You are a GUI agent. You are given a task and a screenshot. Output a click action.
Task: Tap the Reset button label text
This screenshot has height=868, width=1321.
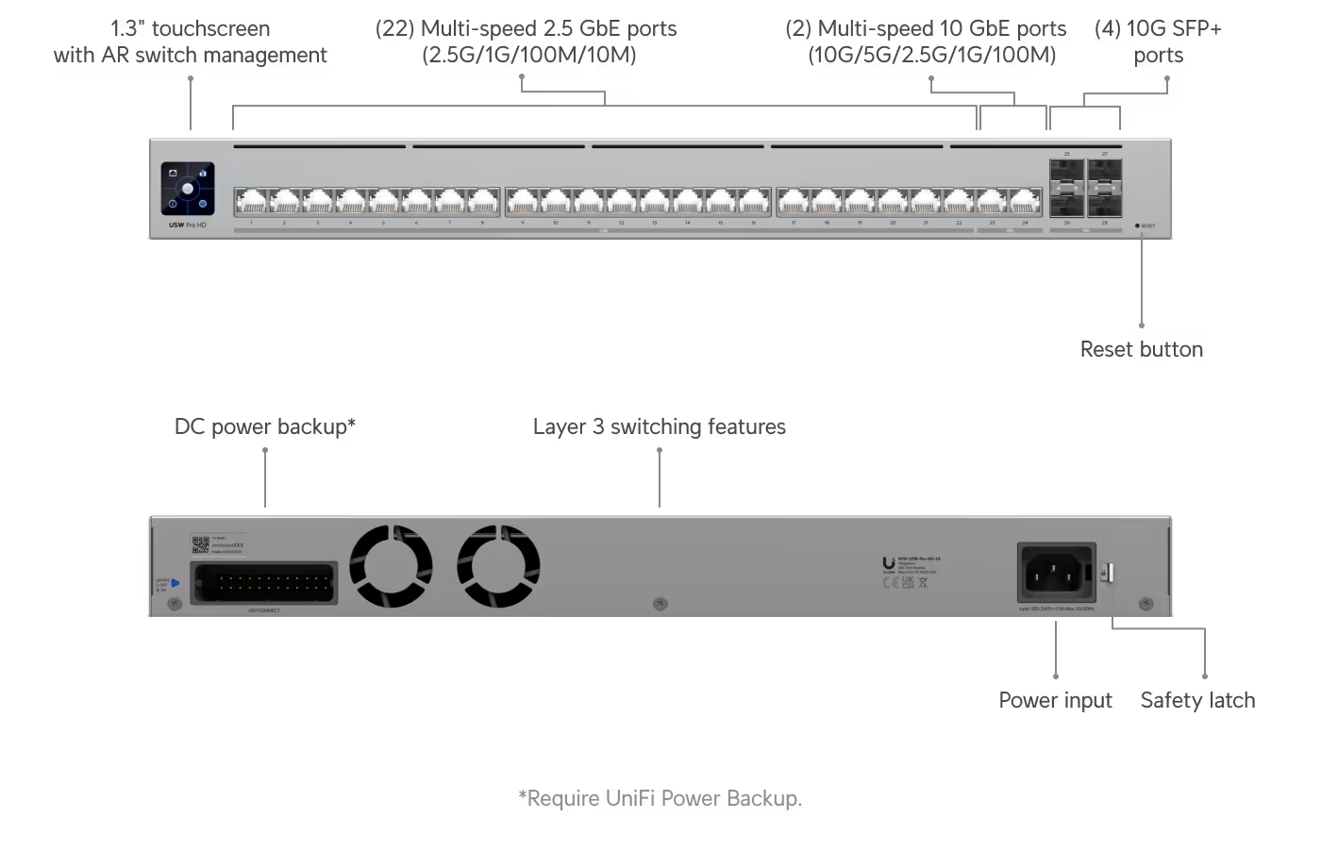[x=1141, y=349]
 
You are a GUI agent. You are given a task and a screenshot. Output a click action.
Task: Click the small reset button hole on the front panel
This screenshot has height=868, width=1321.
[x=1137, y=226]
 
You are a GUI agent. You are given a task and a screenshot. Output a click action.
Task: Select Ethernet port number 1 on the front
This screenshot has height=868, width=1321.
[x=251, y=202]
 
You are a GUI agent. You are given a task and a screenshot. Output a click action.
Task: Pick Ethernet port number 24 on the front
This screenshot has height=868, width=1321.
[x=1025, y=202]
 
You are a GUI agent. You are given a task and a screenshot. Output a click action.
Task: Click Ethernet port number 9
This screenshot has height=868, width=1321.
[x=523, y=202]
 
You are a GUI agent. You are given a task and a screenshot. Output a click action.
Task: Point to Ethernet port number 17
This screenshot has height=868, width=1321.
[x=794, y=202]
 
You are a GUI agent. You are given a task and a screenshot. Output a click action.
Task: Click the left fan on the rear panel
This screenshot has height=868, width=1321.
[x=391, y=567]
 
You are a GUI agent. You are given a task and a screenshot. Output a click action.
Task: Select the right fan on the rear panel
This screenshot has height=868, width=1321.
[x=498, y=567]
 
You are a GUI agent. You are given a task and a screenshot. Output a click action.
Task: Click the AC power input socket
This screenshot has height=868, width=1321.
[x=1056, y=571]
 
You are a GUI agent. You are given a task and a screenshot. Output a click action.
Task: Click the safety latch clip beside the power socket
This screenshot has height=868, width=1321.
[x=1110, y=572]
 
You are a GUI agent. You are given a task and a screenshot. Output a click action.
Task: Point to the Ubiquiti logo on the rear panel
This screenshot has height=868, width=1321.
[x=888, y=564]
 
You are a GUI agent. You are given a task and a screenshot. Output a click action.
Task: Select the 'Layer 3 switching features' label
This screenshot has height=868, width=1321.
[x=659, y=426]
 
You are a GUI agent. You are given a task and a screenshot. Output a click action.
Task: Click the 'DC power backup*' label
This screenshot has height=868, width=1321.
[x=264, y=426]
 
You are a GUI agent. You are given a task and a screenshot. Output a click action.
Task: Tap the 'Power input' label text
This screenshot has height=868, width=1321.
[x=1055, y=700]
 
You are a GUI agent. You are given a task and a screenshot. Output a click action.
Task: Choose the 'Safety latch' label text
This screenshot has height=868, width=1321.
[x=1197, y=700]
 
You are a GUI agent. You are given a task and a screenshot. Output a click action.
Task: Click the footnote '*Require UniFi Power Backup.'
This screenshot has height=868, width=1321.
[x=660, y=798]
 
